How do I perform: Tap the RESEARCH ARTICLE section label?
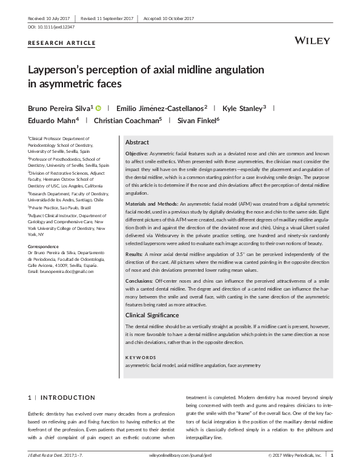coord(62,42)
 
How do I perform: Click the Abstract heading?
coord(137,142)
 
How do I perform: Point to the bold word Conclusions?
coord(139,281)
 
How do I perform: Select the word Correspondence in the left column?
coord(44,246)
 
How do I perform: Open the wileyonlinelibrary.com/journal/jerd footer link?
coord(179,454)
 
